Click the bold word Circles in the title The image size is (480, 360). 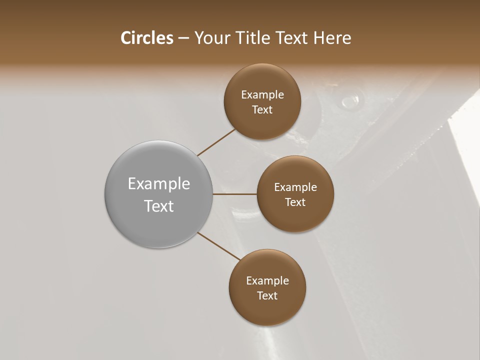click(147, 38)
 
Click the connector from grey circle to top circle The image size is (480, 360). click(217, 142)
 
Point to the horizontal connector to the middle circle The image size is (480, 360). click(235, 194)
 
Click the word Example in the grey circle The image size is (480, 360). click(159, 184)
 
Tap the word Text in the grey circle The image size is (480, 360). click(159, 205)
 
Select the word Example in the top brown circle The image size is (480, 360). click(262, 94)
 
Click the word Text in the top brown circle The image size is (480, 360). click(262, 109)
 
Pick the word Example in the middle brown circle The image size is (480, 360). click(295, 187)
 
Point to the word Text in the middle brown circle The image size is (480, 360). click(295, 202)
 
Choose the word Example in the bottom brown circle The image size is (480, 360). click(267, 280)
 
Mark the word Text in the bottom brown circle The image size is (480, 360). click(267, 295)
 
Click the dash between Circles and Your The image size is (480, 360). click(183, 38)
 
